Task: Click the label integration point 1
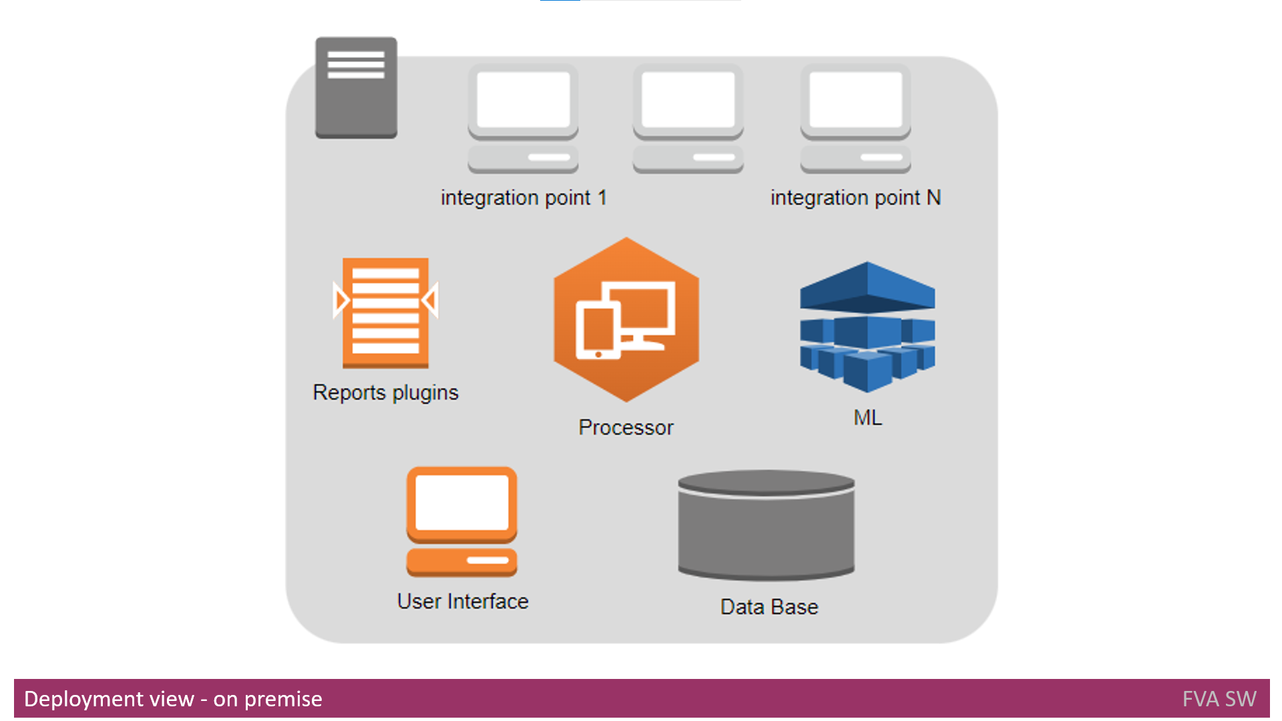click(x=523, y=198)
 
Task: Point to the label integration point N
click(x=855, y=198)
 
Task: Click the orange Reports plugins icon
click(x=385, y=312)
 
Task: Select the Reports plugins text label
click(x=385, y=393)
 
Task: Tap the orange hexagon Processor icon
click(x=626, y=320)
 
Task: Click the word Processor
click(x=626, y=427)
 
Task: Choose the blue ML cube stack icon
click(x=867, y=326)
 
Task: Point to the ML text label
click(x=867, y=418)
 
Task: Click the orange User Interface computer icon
click(x=462, y=521)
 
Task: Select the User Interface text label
click(x=463, y=602)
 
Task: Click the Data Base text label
click(x=769, y=607)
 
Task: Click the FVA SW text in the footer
click(x=1219, y=699)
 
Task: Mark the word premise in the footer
click(x=283, y=699)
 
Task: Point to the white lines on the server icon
click(x=356, y=65)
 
